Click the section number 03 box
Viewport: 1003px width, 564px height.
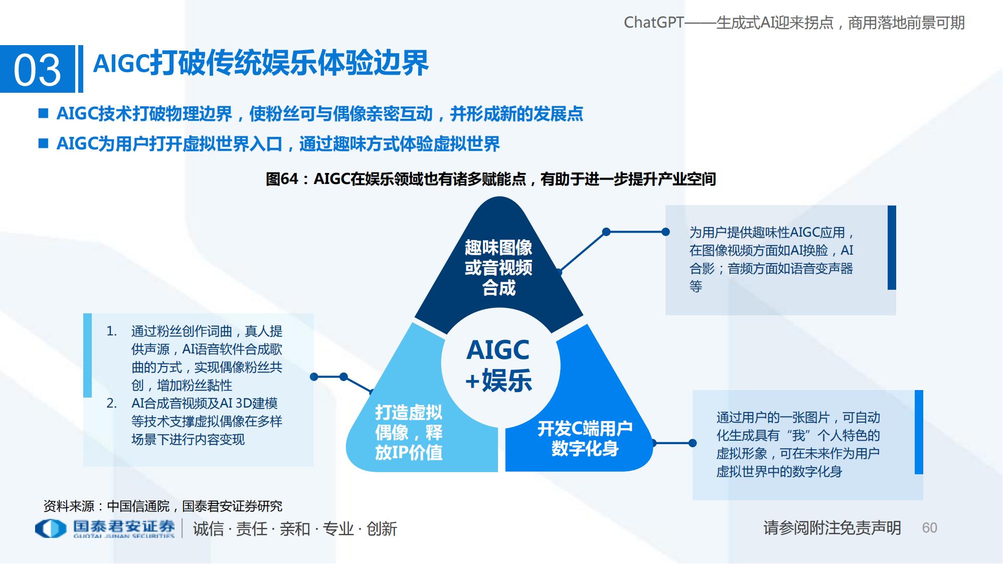[x=38, y=69]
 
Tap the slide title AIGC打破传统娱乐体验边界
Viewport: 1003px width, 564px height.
[x=261, y=64]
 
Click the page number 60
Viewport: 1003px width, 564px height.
[x=929, y=528]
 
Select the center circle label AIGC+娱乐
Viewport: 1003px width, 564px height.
[x=498, y=365]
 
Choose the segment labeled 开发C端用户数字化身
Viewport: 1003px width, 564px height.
[x=585, y=438]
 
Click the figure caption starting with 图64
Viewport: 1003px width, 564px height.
[x=490, y=179]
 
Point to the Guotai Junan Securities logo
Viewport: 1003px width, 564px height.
[x=105, y=528]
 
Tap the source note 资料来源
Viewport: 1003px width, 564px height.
[x=163, y=506]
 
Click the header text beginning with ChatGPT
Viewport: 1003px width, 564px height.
[x=794, y=23]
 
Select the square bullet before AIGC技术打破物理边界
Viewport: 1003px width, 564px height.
[x=44, y=114]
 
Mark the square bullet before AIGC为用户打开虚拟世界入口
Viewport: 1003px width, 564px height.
[x=44, y=144]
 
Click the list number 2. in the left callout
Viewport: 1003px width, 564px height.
[x=112, y=404]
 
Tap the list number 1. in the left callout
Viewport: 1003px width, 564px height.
[x=112, y=331]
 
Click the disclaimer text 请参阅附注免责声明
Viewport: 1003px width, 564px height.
[x=832, y=528]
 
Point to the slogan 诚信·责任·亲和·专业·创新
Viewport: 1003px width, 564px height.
[x=295, y=529]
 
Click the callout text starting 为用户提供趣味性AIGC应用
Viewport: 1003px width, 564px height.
[x=771, y=259]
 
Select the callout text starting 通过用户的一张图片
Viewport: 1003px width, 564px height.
[x=798, y=444]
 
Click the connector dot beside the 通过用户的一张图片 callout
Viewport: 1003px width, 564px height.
[x=693, y=443]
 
